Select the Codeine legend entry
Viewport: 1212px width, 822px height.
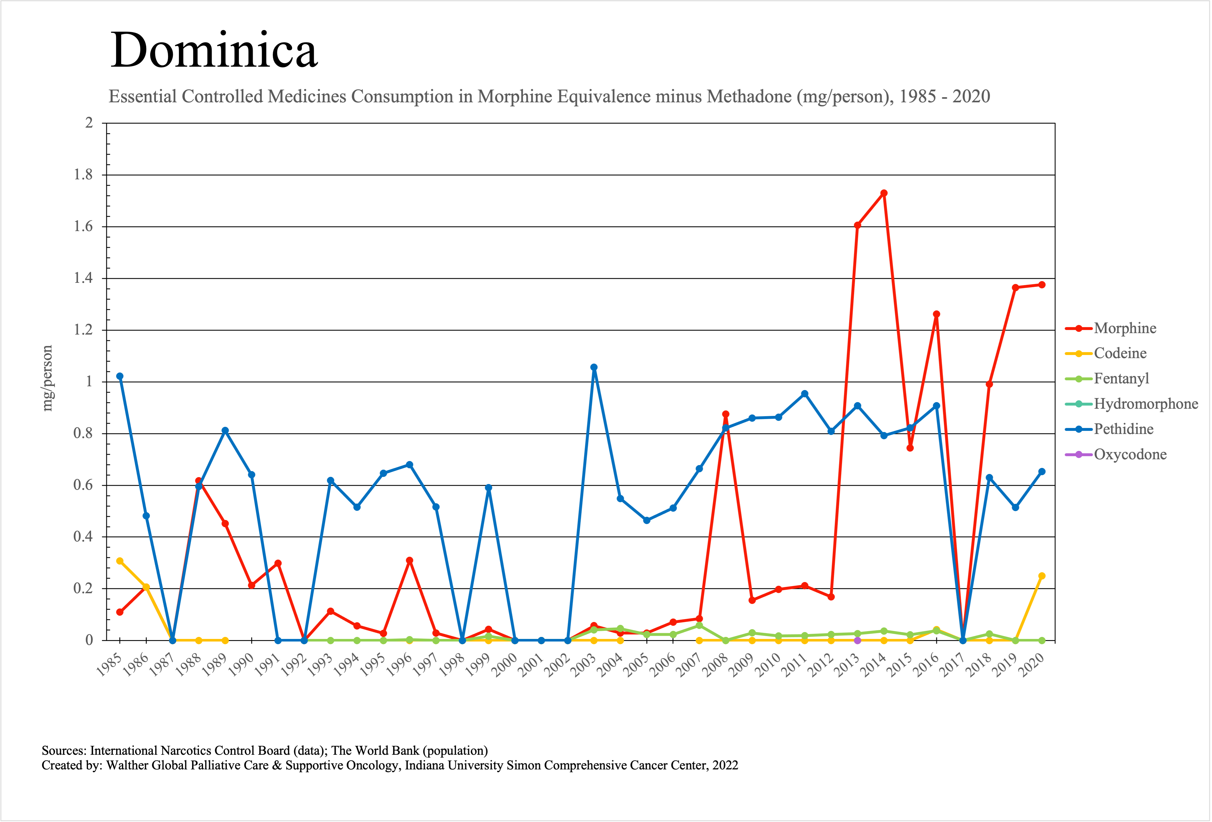[x=1120, y=353]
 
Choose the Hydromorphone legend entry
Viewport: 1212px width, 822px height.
[x=1145, y=404]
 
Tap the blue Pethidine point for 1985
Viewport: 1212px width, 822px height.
[x=120, y=376]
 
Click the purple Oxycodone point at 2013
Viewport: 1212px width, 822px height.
[x=857, y=640]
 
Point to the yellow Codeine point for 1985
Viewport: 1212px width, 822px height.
[x=120, y=561]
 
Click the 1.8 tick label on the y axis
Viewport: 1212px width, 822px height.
[x=84, y=175]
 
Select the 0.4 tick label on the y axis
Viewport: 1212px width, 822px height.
[x=84, y=537]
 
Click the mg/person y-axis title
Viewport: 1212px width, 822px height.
[x=47, y=379]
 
